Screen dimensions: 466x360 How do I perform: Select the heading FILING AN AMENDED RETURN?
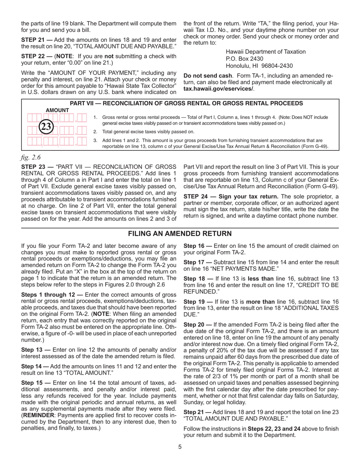[180, 233]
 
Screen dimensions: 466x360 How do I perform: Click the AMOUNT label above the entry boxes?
[57, 110]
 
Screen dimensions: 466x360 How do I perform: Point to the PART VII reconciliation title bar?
[186, 103]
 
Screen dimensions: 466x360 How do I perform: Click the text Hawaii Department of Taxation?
[266, 52]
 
